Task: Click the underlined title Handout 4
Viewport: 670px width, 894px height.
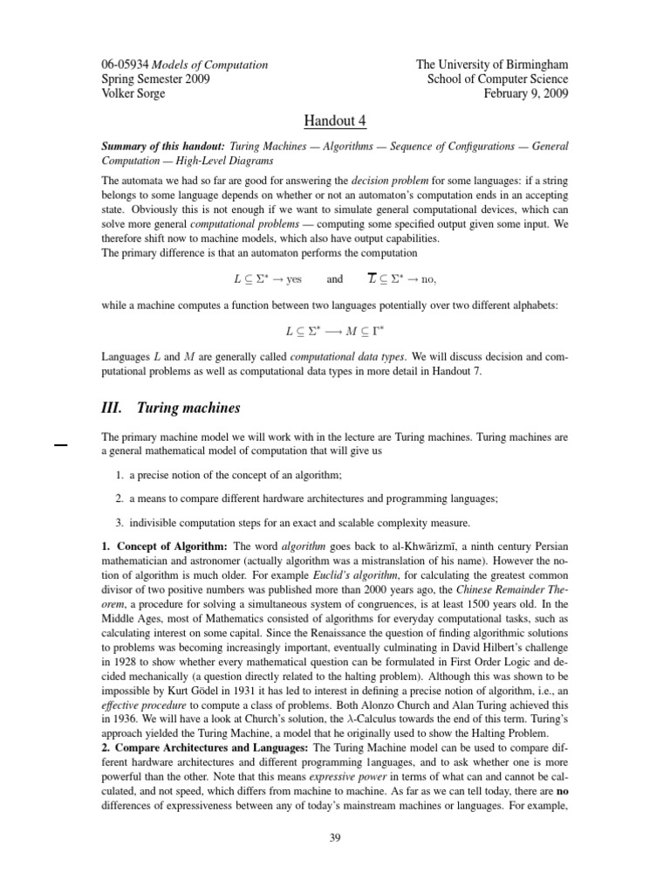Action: (336, 120)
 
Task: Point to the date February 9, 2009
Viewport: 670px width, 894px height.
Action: (524, 93)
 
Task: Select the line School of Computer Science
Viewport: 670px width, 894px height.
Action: (497, 79)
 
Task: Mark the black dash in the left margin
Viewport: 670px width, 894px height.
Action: (61, 445)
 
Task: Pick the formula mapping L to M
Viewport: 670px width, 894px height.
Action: (336, 333)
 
